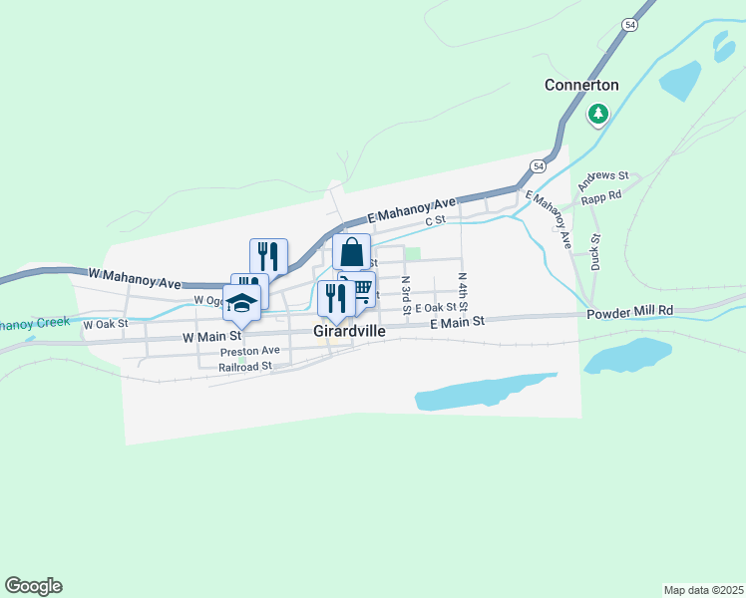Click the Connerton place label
581,86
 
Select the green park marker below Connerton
598,114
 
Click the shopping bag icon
352,252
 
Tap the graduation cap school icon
242,301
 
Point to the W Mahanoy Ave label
135,272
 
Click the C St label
434,221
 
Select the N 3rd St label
407,296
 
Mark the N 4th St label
463,290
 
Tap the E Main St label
457,322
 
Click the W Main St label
212,338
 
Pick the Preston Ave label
250,351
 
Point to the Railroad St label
245,367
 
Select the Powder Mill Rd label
629,311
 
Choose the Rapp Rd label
601,195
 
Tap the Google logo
33,586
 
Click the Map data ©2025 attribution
702,590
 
